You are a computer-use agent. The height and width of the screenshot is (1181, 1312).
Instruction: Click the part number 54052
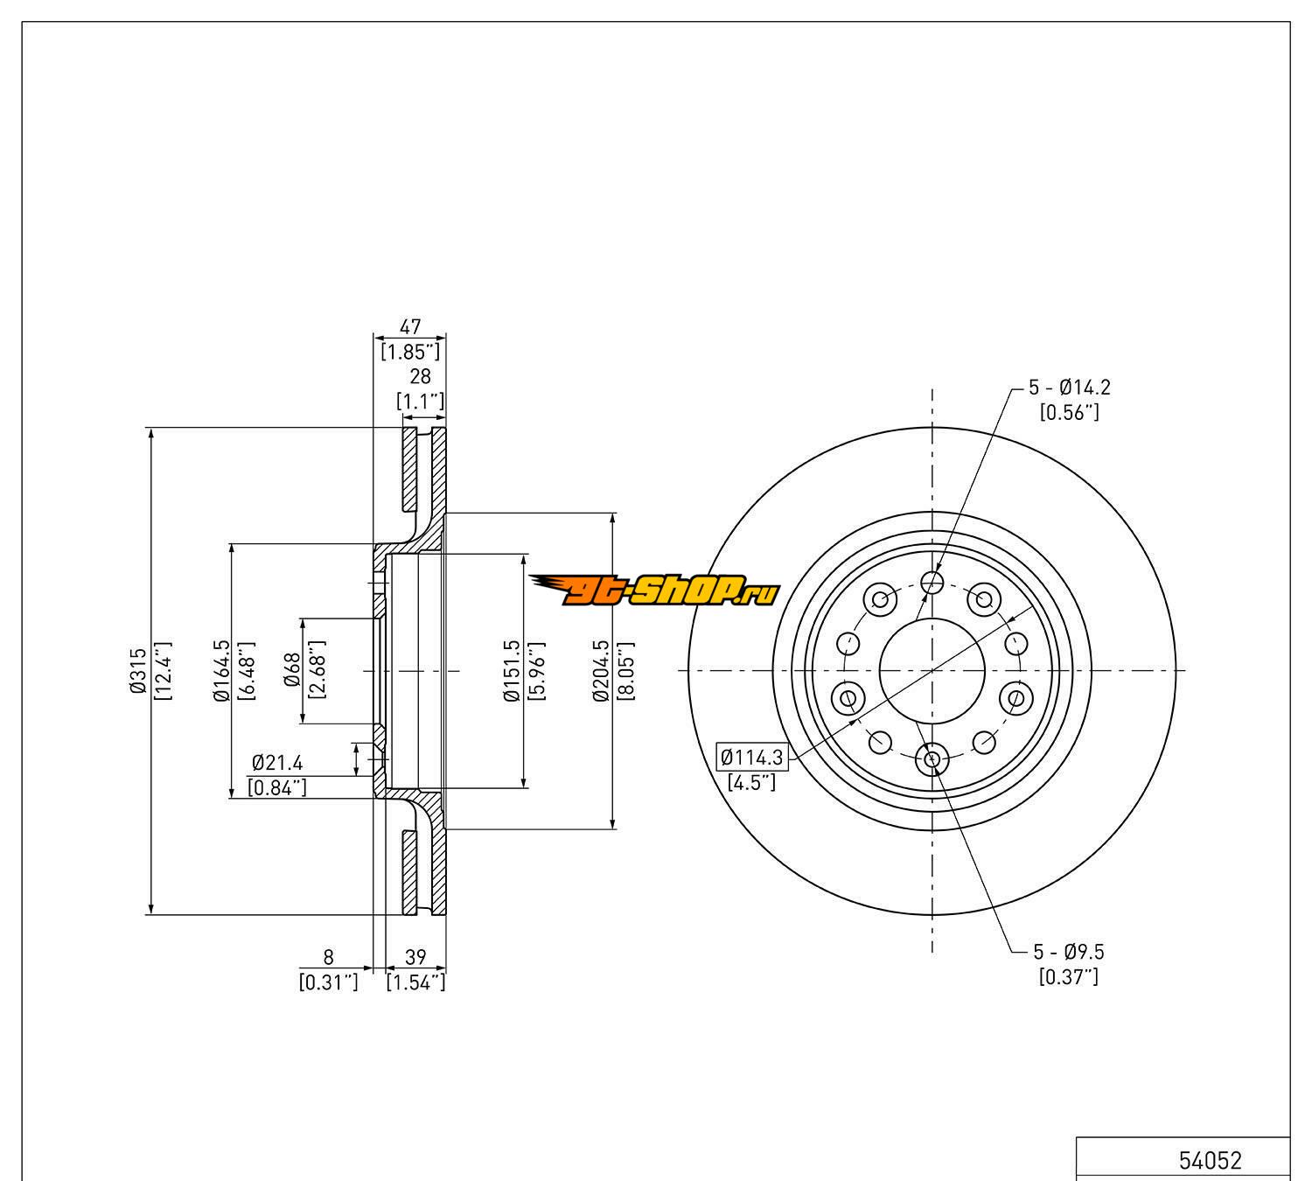tap(1210, 1160)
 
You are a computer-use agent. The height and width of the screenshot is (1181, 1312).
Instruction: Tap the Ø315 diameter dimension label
tap(136, 672)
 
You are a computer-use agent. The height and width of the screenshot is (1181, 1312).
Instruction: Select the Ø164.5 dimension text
tap(220, 672)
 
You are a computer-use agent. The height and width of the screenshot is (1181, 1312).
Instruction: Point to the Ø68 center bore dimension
tap(292, 672)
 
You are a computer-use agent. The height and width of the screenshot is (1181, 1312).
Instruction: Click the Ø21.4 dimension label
tap(276, 762)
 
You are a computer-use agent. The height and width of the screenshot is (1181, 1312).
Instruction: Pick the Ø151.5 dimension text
tap(513, 672)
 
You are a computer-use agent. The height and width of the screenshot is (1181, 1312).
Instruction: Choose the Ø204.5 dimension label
tap(600, 672)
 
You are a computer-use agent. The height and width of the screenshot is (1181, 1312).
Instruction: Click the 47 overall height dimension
tap(410, 326)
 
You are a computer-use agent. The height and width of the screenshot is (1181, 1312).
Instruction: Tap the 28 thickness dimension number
tap(421, 376)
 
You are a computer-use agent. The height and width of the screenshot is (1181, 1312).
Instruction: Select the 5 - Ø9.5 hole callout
tap(1069, 951)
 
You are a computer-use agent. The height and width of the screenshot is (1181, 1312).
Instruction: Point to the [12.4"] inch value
tap(163, 672)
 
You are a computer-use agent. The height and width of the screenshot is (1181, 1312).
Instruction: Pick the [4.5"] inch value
tap(751, 781)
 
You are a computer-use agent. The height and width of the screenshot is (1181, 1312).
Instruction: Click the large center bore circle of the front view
tap(932, 670)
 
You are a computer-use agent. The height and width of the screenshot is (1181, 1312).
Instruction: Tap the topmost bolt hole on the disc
tap(932, 582)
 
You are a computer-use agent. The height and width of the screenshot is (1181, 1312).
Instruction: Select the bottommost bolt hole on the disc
tap(932, 759)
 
